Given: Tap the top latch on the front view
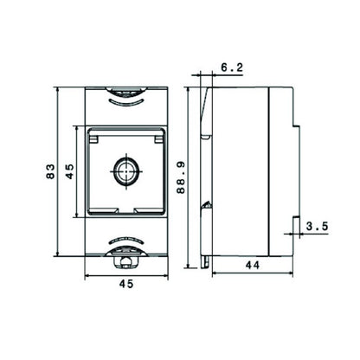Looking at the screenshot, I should (127, 89).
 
